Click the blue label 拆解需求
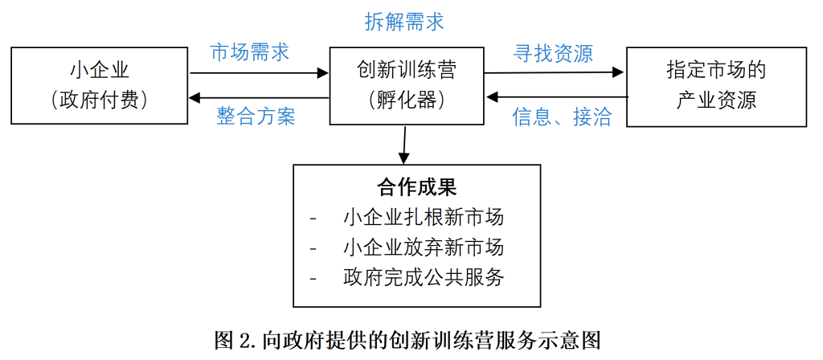tap(404, 22)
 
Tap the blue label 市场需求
tap(249, 52)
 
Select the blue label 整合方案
tap(256, 117)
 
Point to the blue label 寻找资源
tap(553, 54)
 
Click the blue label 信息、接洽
tap(562, 117)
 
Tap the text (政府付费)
tap(99, 100)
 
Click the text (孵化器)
tap(406, 100)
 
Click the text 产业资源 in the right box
tap(716, 100)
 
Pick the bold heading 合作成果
tap(416, 186)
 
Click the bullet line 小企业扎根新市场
tap(424, 217)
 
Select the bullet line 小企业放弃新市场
tap(424, 247)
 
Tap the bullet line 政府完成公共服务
tap(424, 277)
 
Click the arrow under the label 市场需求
tap(259, 73)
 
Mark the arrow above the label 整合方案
tap(259, 97)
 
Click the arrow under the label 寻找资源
tap(555, 72)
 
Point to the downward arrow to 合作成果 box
tap(404, 145)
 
